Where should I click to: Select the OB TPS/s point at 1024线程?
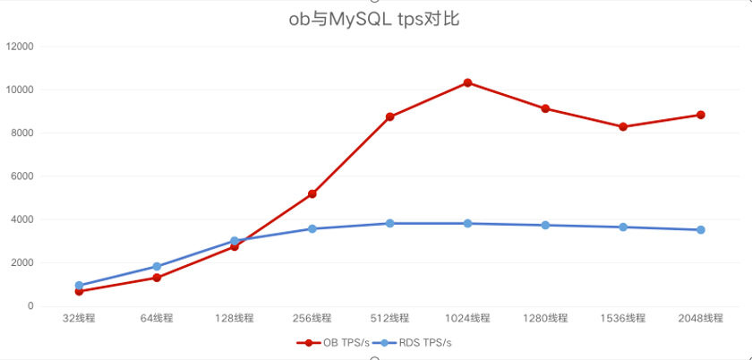[x=467, y=82]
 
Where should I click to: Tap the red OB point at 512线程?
[x=390, y=116]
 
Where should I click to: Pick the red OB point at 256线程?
[x=312, y=193]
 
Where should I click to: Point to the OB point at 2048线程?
[x=701, y=115]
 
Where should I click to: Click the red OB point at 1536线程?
[x=623, y=126]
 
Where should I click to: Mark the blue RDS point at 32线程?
[x=79, y=286]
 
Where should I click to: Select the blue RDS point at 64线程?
[x=157, y=266]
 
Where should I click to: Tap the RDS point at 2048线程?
[x=701, y=230]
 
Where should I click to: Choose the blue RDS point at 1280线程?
[x=545, y=225]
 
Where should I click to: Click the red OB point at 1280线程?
[x=545, y=108]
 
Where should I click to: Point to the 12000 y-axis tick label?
[x=20, y=47]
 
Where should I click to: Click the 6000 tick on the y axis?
[x=22, y=176]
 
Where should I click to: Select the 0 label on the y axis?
[x=30, y=306]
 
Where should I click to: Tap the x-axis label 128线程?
[x=235, y=318]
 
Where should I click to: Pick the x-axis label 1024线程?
[x=467, y=318]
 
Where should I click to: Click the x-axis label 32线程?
[x=79, y=318]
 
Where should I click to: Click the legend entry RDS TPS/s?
[x=417, y=342]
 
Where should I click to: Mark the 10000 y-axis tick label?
[x=20, y=90]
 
